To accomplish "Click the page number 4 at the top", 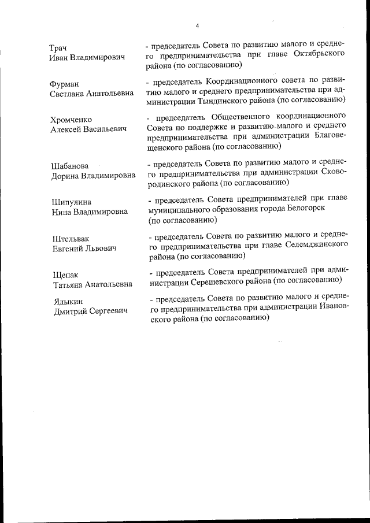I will [197, 26].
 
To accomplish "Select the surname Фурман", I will [65, 84].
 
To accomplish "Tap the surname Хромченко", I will [71, 120].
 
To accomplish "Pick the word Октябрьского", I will [317, 54].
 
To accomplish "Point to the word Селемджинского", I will [317, 245].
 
